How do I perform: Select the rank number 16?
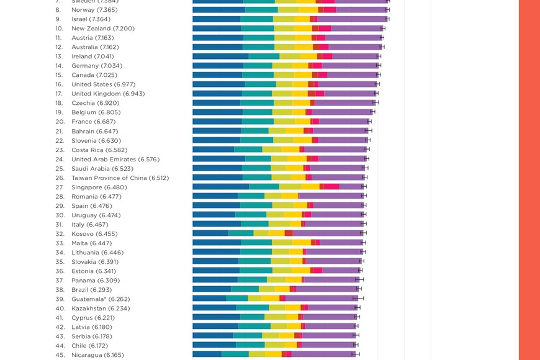coord(59,84)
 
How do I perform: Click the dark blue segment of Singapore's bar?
coord(220,187)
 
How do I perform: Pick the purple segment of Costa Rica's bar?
coord(335,150)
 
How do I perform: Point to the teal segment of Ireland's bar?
coord(264,56)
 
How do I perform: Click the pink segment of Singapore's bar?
coord(331,187)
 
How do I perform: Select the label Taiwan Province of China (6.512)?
coord(120,178)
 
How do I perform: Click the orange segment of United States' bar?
coord(300,84)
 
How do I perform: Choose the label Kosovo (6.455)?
coord(94,234)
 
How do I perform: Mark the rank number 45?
coord(60,355)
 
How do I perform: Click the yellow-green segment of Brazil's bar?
coord(267,289)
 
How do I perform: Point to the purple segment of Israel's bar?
coord(352,19)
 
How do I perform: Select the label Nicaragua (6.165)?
coord(97,355)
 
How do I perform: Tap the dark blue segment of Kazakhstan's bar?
coord(214,308)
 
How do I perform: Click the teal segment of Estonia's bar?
coord(256,271)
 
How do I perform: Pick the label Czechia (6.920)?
coord(95,103)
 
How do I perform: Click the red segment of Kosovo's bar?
coord(289,233)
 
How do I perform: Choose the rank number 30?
coord(59,215)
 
